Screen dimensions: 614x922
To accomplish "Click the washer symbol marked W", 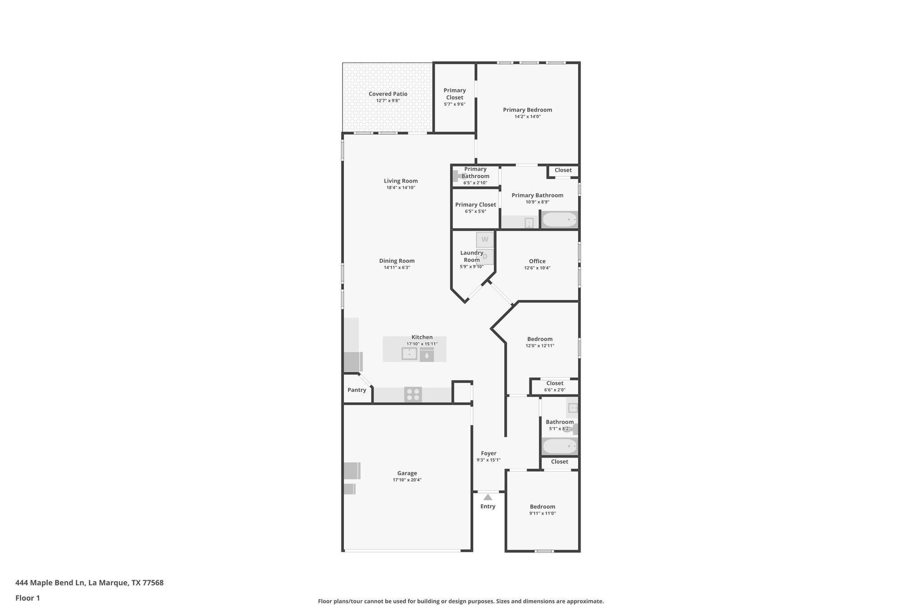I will (485, 239).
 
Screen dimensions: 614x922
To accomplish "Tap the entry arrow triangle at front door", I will (488, 497).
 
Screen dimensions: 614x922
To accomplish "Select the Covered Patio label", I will (388, 94).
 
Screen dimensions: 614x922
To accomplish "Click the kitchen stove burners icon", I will (413, 394).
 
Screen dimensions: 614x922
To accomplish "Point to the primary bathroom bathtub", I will (559, 220).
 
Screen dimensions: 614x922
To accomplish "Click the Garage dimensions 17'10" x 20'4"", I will (407, 480).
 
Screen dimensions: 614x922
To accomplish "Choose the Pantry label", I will (357, 390).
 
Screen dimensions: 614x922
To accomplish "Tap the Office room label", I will (537, 261).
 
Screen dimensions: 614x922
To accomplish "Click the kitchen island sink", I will (409, 354).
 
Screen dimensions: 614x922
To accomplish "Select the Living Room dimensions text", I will (401, 188).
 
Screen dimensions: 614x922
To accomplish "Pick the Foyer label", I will (488, 453).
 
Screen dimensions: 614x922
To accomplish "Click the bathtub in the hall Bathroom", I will (559, 447).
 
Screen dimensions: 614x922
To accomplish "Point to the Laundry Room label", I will (471, 256).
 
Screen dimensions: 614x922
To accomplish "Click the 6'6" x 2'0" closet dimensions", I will (555, 390).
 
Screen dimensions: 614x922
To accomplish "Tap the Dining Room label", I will (397, 261).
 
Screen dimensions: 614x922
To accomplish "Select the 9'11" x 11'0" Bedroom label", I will (542, 506).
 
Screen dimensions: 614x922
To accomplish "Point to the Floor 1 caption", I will (27, 598).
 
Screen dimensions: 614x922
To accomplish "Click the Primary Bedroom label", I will (527, 110).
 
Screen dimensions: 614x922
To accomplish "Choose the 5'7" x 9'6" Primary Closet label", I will (454, 94).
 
